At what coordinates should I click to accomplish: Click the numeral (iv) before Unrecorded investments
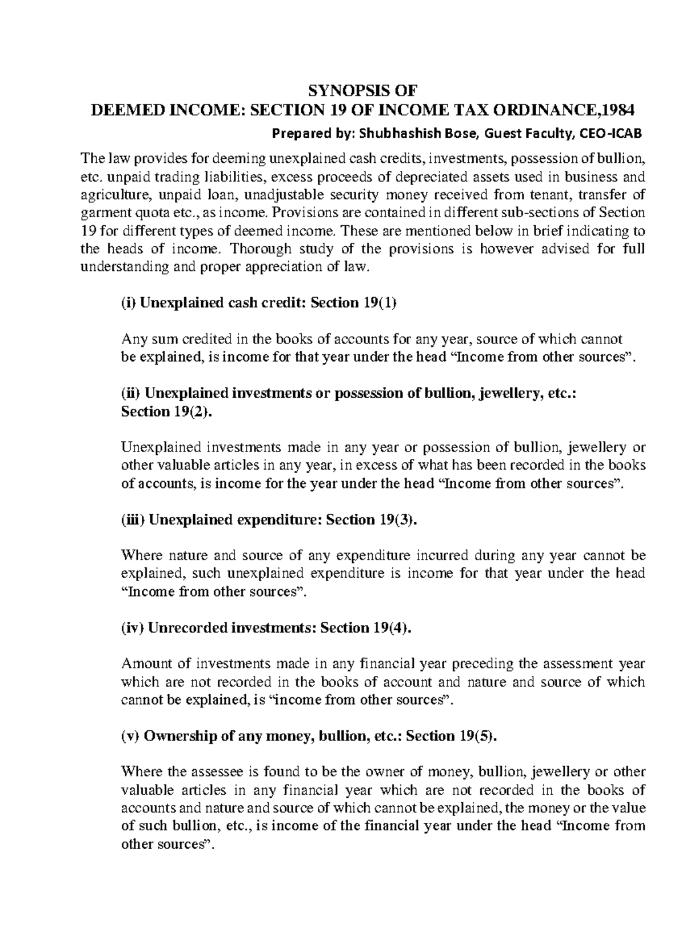coord(132,628)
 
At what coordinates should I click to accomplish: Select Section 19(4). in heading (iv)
coord(366,628)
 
